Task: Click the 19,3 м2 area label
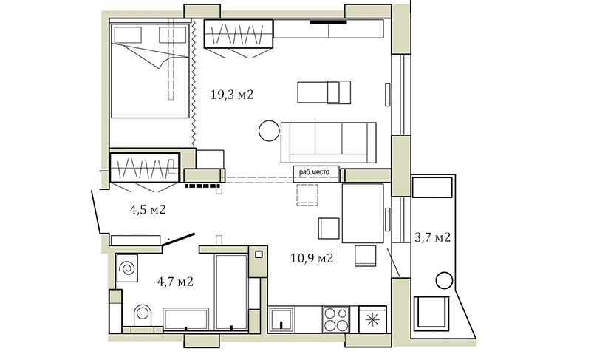pos(232,94)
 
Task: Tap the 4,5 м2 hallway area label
pos(148,209)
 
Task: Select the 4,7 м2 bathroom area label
pos(175,281)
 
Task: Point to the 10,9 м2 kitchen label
pos(312,258)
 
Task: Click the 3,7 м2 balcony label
pos(432,237)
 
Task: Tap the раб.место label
pos(315,172)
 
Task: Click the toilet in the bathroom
pos(143,315)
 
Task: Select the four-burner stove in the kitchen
pos(336,319)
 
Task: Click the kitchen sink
pos(281,319)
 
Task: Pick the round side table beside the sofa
pos(270,130)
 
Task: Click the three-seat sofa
pos(328,143)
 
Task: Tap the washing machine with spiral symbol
pos(127,268)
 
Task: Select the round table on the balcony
pos(444,281)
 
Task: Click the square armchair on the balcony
pos(431,313)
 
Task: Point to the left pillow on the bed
pos(128,35)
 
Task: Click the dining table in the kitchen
pos(363,214)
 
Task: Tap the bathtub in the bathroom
pos(186,319)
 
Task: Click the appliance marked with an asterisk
pos(372,319)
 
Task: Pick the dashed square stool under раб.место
pos(307,194)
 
